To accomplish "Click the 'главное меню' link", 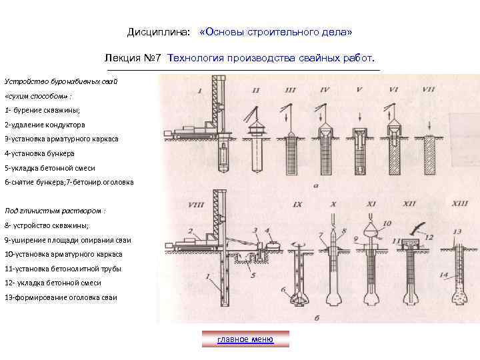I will point(245,339).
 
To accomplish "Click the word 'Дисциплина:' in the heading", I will point(159,32).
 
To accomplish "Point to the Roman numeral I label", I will point(201,90).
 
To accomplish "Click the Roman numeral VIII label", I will point(197,204).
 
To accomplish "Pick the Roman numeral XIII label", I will point(459,203).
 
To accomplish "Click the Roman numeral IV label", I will point(325,89).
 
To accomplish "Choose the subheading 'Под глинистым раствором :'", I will point(55,211).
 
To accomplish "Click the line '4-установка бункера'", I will point(39,153).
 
